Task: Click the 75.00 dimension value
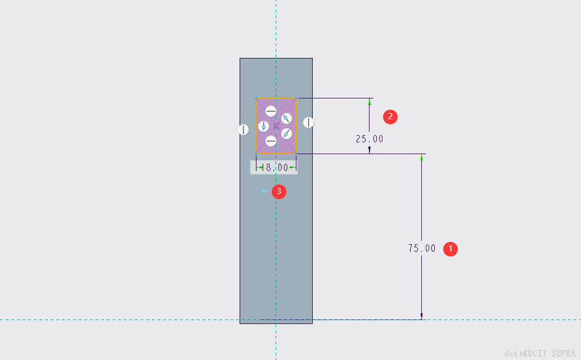click(x=422, y=248)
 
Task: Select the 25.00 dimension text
click(x=370, y=138)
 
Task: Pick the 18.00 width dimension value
click(x=277, y=167)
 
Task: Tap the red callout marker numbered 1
click(x=451, y=249)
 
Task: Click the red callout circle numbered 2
click(x=390, y=116)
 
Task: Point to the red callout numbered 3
click(x=279, y=192)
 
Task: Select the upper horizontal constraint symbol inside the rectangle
click(x=271, y=111)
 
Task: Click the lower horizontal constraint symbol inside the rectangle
click(x=271, y=141)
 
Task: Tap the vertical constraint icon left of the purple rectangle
click(x=243, y=130)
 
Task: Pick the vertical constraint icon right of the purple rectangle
click(x=309, y=122)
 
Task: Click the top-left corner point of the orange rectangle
click(x=256, y=98)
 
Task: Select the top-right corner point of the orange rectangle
click(x=296, y=98)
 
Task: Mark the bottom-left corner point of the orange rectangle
click(x=256, y=153)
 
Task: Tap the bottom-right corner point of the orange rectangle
click(x=296, y=153)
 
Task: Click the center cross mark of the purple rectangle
click(x=276, y=125)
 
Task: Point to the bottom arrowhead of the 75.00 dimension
click(x=421, y=316)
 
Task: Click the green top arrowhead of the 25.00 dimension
click(x=370, y=102)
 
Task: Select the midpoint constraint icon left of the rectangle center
click(x=263, y=126)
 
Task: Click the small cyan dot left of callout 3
click(x=263, y=191)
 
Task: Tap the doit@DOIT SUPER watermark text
click(x=539, y=353)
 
